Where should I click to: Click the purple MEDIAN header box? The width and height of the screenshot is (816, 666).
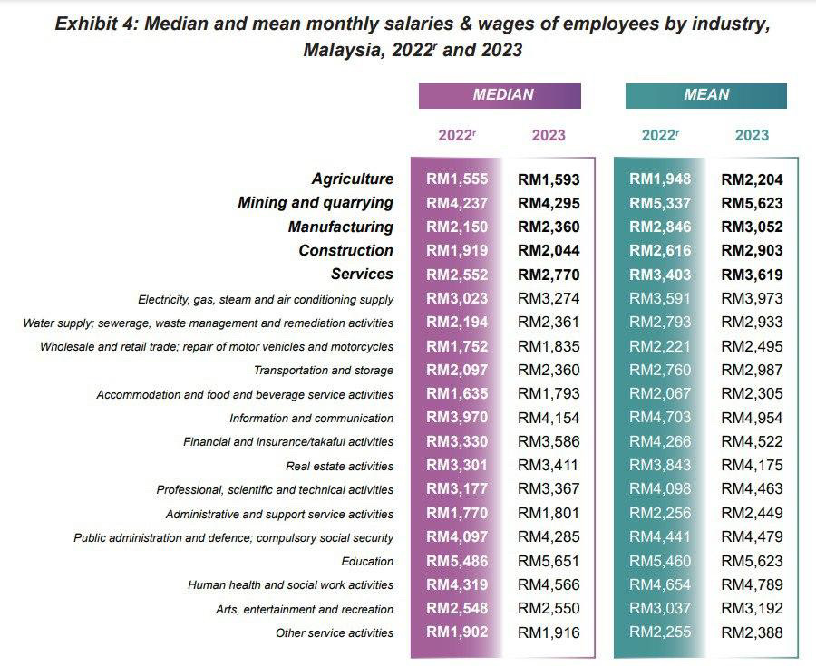tap(500, 95)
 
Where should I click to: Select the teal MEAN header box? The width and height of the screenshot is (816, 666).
tap(705, 95)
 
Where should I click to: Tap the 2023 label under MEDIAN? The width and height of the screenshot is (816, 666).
tap(549, 136)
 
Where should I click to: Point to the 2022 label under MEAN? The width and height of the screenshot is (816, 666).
tap(660, 136)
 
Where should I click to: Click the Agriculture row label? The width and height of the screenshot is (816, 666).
tap(353, 179)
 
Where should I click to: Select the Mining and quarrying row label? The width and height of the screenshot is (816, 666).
tap(316, 203)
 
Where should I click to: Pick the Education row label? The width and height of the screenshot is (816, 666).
tap(367, 562)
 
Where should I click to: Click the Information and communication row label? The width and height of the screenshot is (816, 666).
tap(311, 419)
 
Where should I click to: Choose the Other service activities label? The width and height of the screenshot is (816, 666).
tap(335, 633)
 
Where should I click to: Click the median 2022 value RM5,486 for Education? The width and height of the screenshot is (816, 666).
tap(457, 561)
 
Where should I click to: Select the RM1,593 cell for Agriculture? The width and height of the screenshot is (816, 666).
tap(549, 179)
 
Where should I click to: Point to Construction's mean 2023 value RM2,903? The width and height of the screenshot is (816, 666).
tap(752, 251)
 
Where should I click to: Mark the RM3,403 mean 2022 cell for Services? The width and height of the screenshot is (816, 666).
tap(660, 275)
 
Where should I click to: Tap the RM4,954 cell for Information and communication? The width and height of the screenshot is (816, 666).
tap(752, 418)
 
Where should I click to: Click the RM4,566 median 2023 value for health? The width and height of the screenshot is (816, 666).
tap(549, 585)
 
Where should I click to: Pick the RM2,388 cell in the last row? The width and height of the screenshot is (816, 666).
tap(752, 632)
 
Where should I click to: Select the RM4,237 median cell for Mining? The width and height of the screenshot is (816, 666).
tap(457, 203)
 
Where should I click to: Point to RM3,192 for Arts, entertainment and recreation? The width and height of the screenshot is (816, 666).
tap(752, 609)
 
